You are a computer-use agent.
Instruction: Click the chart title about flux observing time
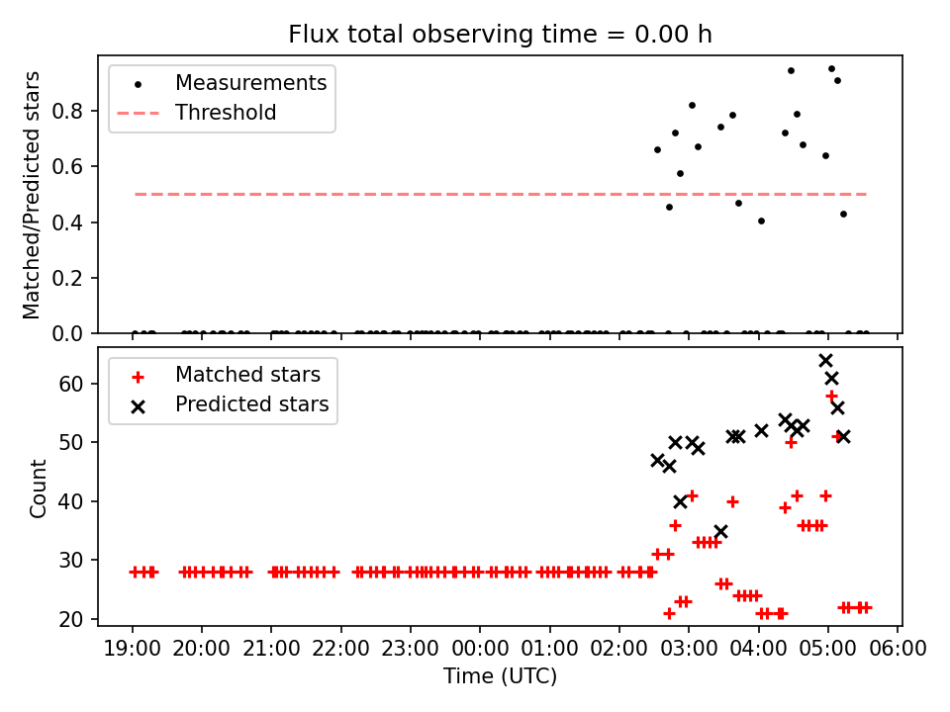pos(500,35)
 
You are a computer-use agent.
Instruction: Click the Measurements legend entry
pos(250,83)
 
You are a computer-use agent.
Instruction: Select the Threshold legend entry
pos(226,113)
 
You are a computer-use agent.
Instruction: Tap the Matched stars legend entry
pos(247,375)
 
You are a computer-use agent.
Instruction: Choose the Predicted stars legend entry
pos(251,404)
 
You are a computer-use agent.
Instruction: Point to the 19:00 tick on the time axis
pos(133,649)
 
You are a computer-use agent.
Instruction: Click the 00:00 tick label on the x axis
pos(480,649)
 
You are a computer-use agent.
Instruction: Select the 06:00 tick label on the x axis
pos(898,649)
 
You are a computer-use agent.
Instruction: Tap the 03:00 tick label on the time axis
pos(689,649)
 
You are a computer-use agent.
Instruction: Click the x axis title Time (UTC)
pos(500,676)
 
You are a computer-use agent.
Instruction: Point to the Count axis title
pos(39,488)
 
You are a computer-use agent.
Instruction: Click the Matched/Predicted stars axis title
pos(33,195)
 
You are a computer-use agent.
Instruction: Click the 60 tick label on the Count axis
pos(79,383)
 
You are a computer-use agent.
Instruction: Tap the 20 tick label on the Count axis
pos(79,619)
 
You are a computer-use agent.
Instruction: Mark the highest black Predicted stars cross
pos(825,360)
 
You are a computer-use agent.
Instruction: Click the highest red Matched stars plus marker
pos(831,396)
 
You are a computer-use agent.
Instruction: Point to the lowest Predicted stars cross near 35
pos(720,531)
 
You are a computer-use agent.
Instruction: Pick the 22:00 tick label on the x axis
pos(341,649)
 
